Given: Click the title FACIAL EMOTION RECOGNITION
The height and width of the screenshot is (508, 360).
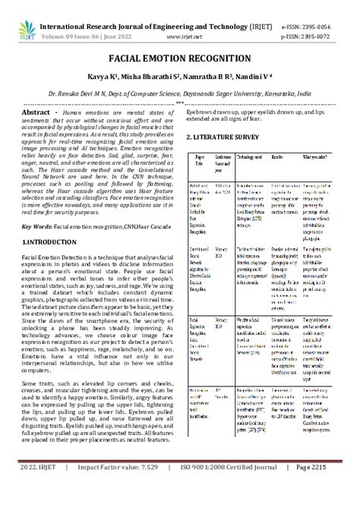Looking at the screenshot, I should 179,58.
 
